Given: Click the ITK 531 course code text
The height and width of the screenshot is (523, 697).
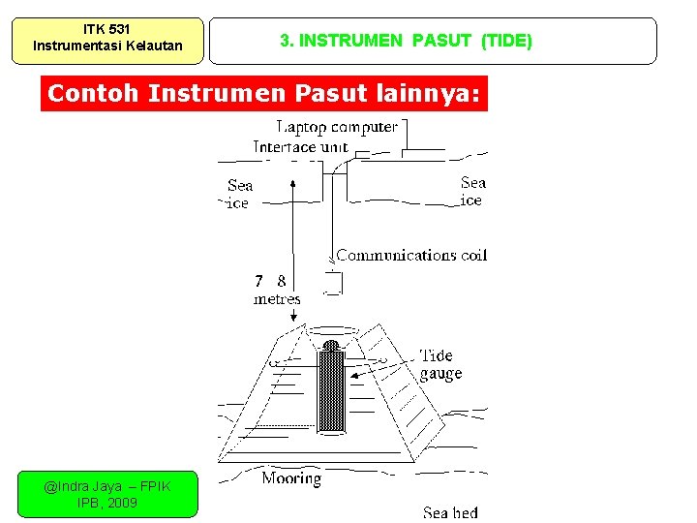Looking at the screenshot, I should point(106,29).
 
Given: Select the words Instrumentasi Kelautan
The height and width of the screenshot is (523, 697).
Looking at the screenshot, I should point(106,46).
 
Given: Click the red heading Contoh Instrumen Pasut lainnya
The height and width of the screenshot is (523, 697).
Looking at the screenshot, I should point(264,94).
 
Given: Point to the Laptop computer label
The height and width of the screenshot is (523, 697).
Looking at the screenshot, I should point(337,127).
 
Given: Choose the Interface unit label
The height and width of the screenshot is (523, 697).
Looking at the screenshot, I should point(300,147).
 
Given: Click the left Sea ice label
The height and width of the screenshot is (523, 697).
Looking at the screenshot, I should point(239,194).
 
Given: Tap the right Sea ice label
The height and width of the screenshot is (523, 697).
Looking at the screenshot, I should point(472,191).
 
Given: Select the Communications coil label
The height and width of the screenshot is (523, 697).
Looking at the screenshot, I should point(411,256).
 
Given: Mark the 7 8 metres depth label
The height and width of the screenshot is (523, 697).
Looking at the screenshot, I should point(276,290).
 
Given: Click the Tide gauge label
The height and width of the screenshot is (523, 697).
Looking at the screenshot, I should point(440,365).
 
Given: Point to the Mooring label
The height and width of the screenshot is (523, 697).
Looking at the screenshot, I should point(291,478).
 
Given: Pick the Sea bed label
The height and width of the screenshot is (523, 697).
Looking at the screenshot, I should point(450,512).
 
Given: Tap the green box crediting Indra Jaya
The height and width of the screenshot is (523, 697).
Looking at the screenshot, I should point(106,494).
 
